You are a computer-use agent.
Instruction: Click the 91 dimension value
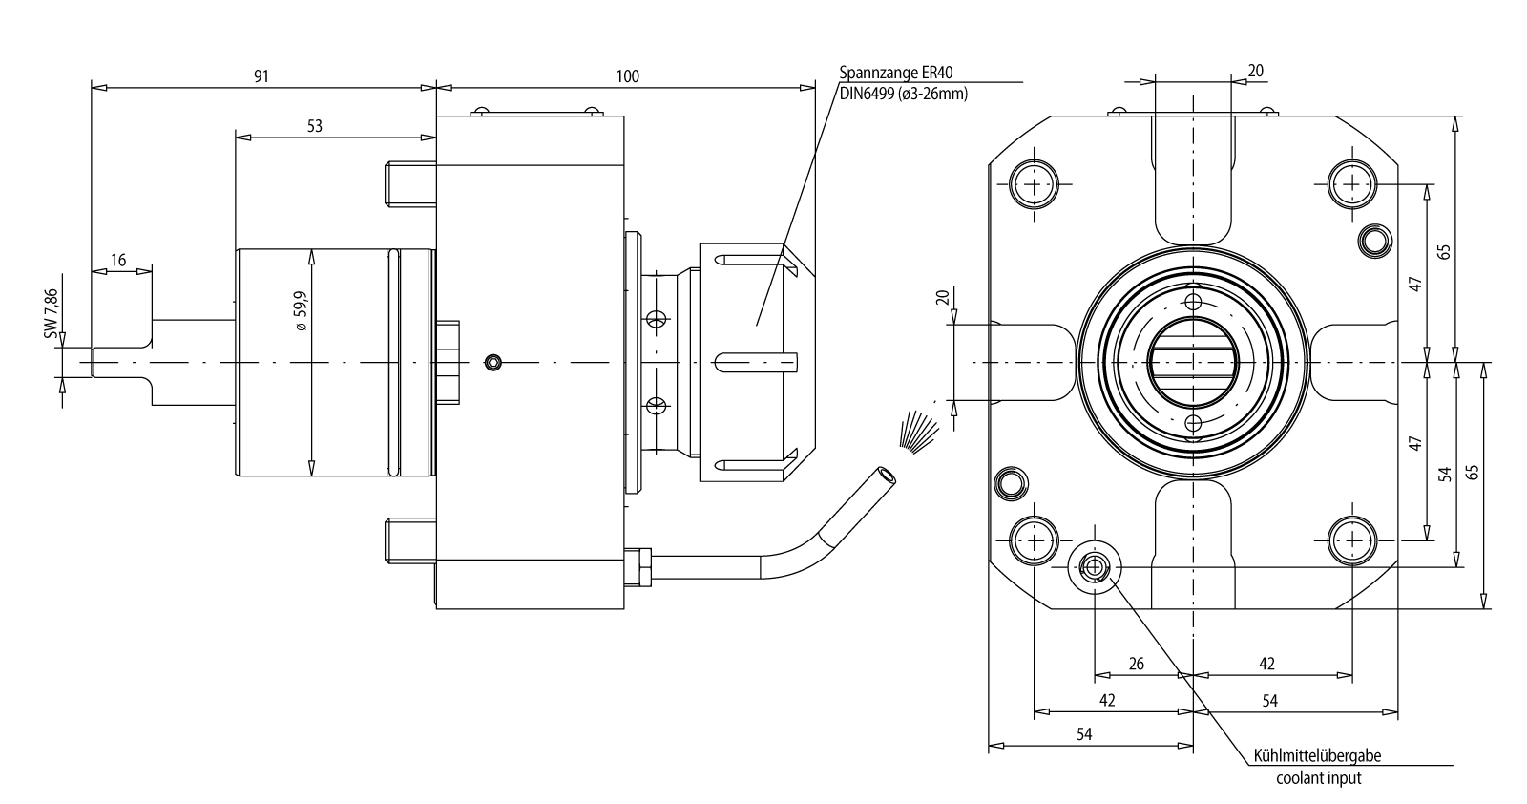261,76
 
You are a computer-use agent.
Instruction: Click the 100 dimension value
627,76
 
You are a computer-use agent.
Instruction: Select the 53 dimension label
315,126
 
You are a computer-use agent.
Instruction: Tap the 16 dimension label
118,261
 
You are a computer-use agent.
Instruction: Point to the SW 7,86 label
52,311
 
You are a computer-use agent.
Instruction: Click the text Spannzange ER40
896,72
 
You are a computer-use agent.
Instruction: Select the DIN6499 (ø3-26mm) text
904,93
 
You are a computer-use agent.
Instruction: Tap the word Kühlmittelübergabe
1316,756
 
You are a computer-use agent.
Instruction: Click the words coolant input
1319,777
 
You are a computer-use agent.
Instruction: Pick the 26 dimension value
1137,664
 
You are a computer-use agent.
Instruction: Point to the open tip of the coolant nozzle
888,475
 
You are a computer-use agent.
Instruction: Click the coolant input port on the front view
1094,568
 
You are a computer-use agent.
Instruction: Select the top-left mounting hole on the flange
1035,184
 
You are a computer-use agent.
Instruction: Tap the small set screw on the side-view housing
492,362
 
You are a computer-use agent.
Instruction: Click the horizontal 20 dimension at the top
1256,71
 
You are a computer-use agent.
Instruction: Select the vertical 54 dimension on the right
1445,473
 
